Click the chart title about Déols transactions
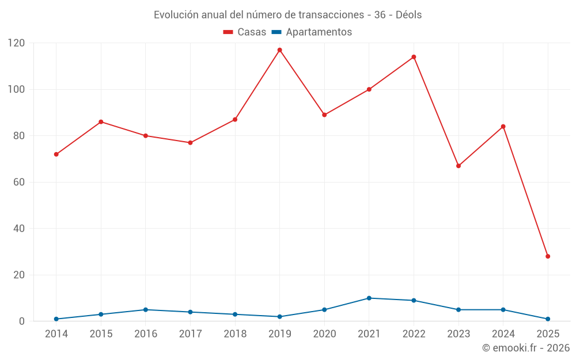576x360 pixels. [x=287, y=15]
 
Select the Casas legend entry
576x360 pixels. [x=245, y=32]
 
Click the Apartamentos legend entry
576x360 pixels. [x=312, y=32]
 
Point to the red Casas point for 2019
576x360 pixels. [x=280, y=50]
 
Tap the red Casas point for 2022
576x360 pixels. [x=414, y=57]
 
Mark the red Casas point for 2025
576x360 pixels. [x=548, y=256]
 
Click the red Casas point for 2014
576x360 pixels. [x=56, y=154]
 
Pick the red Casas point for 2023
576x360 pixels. [x=458, y=166]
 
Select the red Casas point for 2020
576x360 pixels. [x=324, y=115]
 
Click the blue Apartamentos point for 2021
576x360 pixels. [x=369, y=298]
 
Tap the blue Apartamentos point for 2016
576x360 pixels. [x=146, y=309]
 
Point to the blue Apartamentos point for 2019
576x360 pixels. [x=280, y=316]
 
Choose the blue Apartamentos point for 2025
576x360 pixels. [x=548, y=319]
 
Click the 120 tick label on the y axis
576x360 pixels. [x=16, y=43]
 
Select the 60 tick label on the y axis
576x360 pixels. [x=19, y=182]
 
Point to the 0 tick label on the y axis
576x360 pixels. [x=22, y=321]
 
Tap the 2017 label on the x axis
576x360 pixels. [x=190, y=334]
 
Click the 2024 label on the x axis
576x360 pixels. [x=503, y=334]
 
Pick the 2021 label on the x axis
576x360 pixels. [x=369, y=334]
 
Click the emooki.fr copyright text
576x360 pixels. [x=525, y=348]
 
